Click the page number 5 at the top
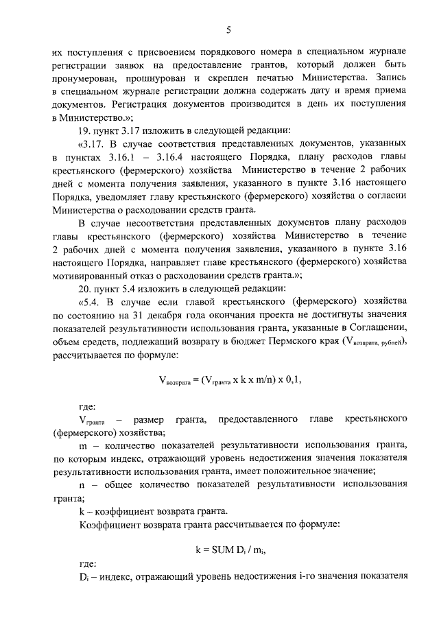tap(229, 28)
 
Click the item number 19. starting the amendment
tap(86, 131)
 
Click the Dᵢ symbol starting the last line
tap(84, 576)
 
